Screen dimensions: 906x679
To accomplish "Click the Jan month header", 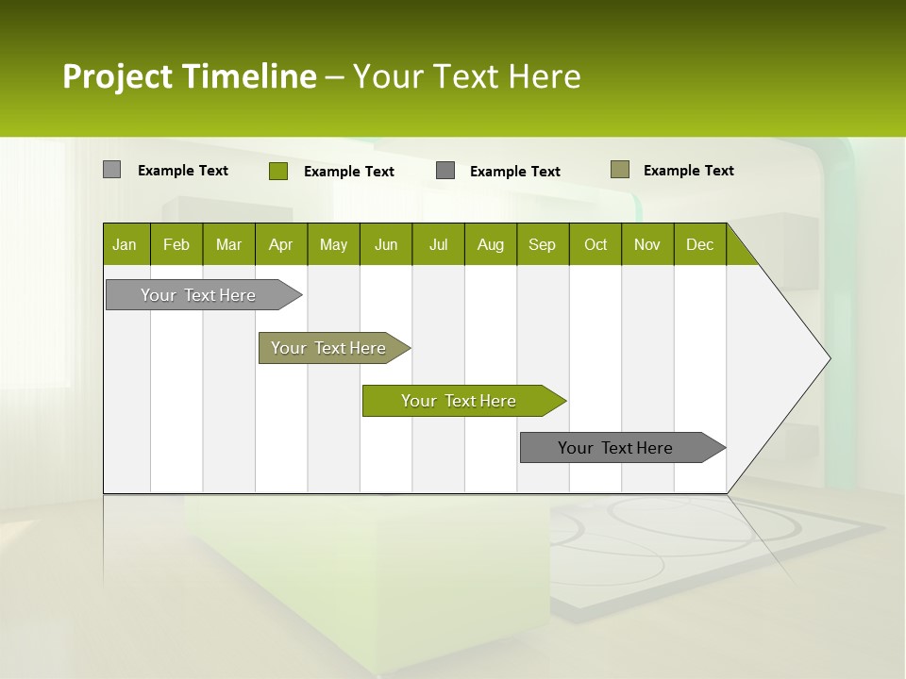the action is pos(125,244).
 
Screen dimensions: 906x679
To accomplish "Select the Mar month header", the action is pos(228,244).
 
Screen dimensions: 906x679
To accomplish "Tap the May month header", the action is pos(333,244).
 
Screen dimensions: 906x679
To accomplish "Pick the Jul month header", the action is pos(438,244).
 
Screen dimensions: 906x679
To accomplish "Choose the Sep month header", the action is pos(542,244).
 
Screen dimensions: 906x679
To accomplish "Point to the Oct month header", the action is pos(596,244).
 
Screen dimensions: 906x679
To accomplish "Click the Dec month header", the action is pos(699,244).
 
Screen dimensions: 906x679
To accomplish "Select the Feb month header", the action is pos(176,244).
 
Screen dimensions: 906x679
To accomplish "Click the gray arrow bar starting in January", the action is pos(198,295).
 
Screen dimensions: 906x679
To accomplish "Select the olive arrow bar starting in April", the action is pos(328,348).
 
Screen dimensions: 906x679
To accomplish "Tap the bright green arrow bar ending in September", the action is pos(459,401).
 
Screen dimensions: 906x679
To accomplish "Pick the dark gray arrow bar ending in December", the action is pos(615,448).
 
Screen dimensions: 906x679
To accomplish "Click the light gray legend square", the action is pos(111,170).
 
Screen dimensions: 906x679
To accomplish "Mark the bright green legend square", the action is pos(277,171).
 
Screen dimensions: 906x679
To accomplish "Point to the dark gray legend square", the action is pos(445,171).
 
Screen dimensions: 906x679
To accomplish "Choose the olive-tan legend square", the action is pos(620,170).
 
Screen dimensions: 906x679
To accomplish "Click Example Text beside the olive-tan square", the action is pos(688,170).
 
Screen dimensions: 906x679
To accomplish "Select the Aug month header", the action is pos(490,244).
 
